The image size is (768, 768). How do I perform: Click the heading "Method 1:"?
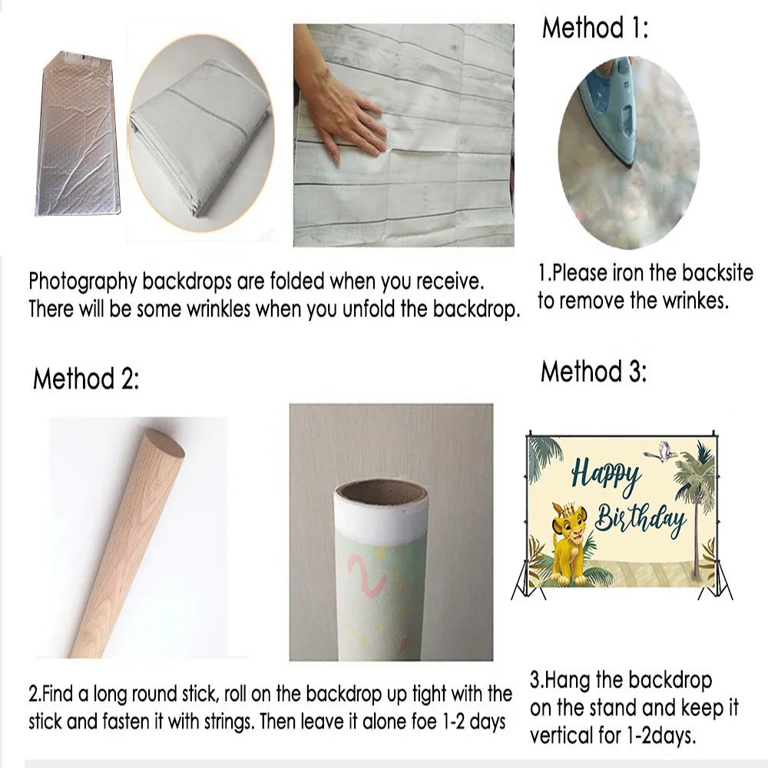pyautogui.click(x=594, y=28)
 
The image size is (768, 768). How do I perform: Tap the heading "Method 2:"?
pyautogui.click(x=86, y=379)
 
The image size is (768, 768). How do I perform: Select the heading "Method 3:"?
pyautogui.click(x=594, y=371)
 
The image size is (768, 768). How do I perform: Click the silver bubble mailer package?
pyautogui.click(x=78, y=133)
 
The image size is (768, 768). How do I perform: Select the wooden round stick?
pyautogui.click(x=128, y=543)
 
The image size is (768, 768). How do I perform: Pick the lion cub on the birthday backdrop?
pyautogui.click(x=570, y=543)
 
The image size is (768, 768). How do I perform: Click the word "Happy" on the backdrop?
pyautogui.click(x=606, y=475)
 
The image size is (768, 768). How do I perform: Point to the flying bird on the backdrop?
pyautogui.click(x=660, y=452)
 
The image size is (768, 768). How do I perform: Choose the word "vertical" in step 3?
pyautogui.click(x=561, y=736)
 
